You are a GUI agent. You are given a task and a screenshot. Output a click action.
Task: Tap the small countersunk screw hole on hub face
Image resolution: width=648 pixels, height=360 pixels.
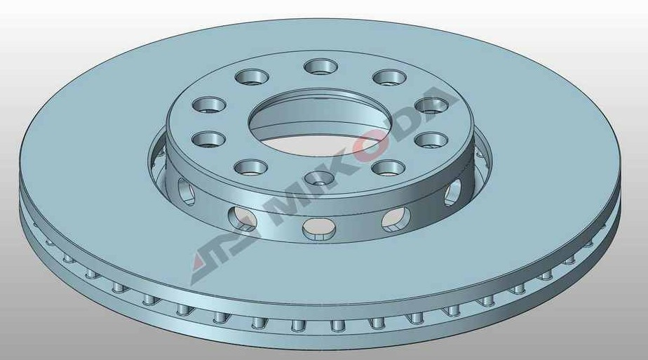pos(319,177)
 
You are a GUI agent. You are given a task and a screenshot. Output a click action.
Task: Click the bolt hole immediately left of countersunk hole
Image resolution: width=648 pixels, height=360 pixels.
pos(251,167)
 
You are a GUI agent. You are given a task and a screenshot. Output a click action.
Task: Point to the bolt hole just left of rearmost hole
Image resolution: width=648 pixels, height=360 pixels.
pos(251,76)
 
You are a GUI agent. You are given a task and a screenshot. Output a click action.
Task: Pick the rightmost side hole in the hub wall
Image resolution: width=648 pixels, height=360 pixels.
pos(454,189)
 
